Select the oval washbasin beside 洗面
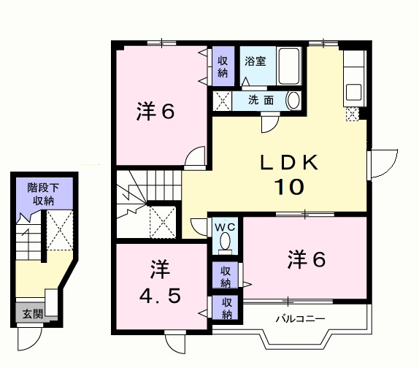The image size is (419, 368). [x=293, y=100]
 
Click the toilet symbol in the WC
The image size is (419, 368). [x=226, y=240]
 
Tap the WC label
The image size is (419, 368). [x=225, y=226]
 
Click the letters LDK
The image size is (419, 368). [x=288, y=163]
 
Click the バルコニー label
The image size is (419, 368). [x=300, y=319]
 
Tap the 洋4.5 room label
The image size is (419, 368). [x=158, y=284]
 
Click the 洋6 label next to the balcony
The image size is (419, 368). [x=306, y=258]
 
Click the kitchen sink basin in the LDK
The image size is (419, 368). [x=353, y=92]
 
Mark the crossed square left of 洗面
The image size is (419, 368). [x=221, y=100]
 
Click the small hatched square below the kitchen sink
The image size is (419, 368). [x=353, y=114]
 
